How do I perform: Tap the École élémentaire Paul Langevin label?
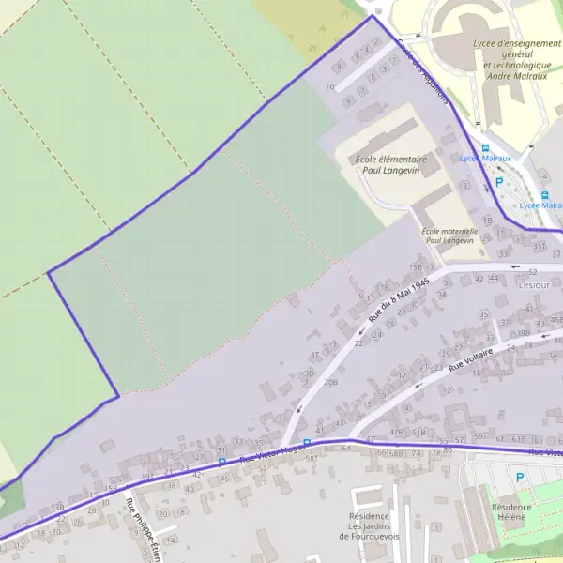[391, 166]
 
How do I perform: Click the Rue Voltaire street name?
[470, 358]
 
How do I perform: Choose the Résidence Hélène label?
[511, 512]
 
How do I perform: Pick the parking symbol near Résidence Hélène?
[519, 478]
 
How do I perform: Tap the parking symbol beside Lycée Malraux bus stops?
[499, 183]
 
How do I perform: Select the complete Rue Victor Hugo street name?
[269, 452]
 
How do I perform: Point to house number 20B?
[331, 383]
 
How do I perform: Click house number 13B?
[58, 508]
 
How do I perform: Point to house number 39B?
[524, 332]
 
